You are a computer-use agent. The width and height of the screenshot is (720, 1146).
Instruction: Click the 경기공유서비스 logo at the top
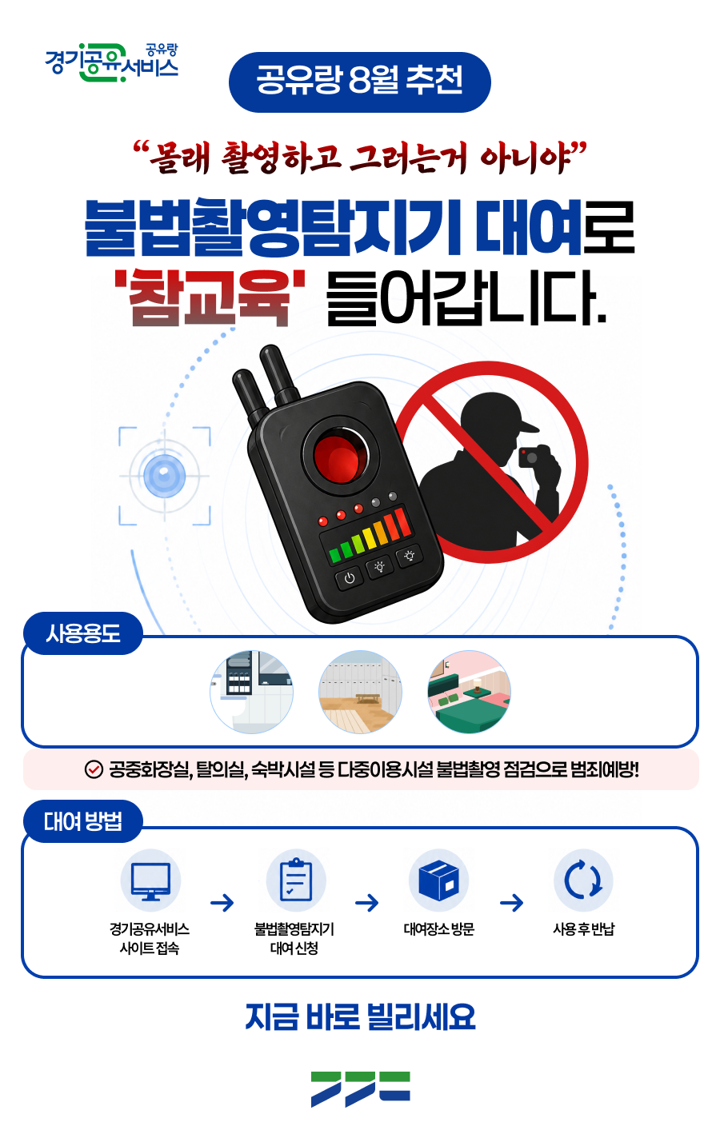[x=112, y=63]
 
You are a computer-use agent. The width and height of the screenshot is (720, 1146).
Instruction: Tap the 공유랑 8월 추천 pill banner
[x=359, y=82]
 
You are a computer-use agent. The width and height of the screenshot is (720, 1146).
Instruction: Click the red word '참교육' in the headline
[x=210, y=298]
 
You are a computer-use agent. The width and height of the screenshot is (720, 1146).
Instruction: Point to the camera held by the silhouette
[x=530, y=457]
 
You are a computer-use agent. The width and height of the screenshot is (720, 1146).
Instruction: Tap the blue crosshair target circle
[x=164, y=476]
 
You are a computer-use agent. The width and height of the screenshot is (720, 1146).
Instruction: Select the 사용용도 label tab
[x=83, y=633]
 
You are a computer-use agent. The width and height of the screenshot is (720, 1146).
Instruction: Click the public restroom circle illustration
[x=252, y=692]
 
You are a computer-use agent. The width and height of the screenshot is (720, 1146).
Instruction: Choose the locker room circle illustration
[x=360, y=692]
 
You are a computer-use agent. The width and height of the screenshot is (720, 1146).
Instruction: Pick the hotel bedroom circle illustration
[x=469, y=692]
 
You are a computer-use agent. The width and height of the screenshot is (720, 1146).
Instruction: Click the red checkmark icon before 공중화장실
[x=93, y=769]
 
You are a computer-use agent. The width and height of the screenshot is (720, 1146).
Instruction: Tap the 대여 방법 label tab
[x=83, y=821]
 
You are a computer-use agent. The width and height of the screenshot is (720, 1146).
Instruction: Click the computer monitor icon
[x=150, y=880]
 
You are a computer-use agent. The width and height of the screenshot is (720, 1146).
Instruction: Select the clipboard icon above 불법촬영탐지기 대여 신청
[x=296, y=880]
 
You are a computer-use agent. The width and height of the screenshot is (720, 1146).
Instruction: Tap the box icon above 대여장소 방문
[x=438, y=880]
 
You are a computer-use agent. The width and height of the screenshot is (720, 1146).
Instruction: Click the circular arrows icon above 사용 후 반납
[x=583, y=880]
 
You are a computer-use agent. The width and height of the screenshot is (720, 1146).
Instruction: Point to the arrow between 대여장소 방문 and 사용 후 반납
[x=512, y=903]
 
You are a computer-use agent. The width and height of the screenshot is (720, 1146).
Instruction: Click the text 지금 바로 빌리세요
[x=360, y=1016]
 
